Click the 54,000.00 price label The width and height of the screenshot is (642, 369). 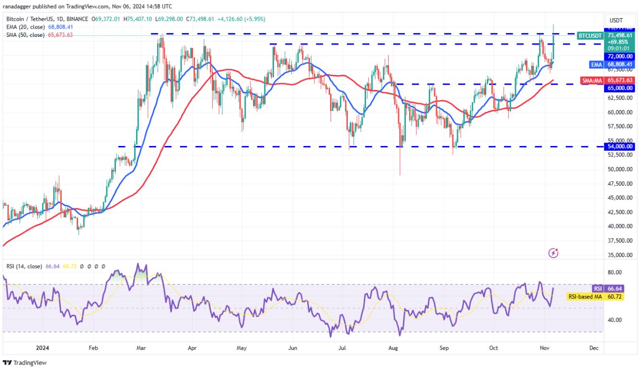(621, 146)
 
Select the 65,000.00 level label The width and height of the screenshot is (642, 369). (621, 88)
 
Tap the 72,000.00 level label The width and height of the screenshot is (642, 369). (621, 56)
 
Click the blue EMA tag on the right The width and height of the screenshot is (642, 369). (596, 64)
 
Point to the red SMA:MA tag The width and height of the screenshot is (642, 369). (592, 81)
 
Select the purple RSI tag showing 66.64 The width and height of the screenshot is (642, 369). (597, 289)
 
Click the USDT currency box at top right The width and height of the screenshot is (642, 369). (616, 20)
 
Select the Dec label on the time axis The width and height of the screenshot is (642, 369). (594, 348)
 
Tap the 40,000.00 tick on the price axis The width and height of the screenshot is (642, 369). (621, 226)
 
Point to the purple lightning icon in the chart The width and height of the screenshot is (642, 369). (554, 252)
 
